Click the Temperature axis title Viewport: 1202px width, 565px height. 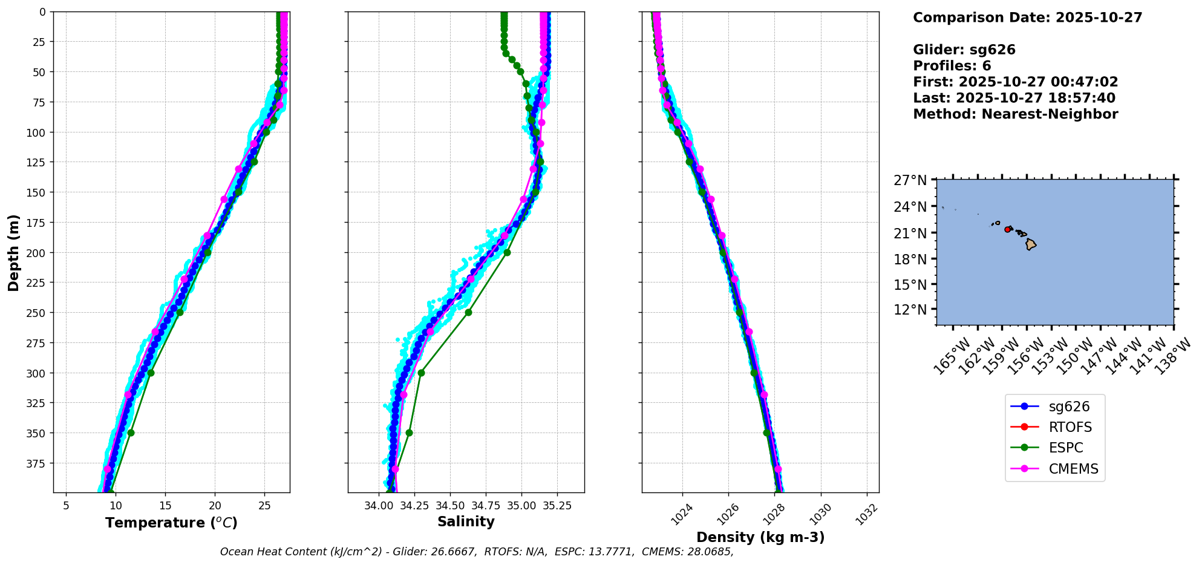point(171,523)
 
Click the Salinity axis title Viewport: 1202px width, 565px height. point(466,521)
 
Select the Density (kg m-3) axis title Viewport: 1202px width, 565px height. point(760,537)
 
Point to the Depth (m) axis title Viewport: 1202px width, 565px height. point(13,252)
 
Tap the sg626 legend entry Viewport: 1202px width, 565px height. point(1069,407)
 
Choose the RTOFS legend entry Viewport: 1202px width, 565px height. point(1070,427)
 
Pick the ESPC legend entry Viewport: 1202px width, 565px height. point(1066,448)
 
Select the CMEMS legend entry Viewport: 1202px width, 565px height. point(1073,469)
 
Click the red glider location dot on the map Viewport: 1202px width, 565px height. point(1007,229)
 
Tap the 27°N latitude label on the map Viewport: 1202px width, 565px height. point(910,180)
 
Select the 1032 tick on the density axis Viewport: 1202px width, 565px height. point(866,512)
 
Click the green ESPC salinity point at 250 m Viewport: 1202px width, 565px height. point(468,312)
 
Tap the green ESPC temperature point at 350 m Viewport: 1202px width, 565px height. point(131,433)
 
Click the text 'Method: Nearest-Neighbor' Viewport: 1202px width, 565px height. point(1015,114)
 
